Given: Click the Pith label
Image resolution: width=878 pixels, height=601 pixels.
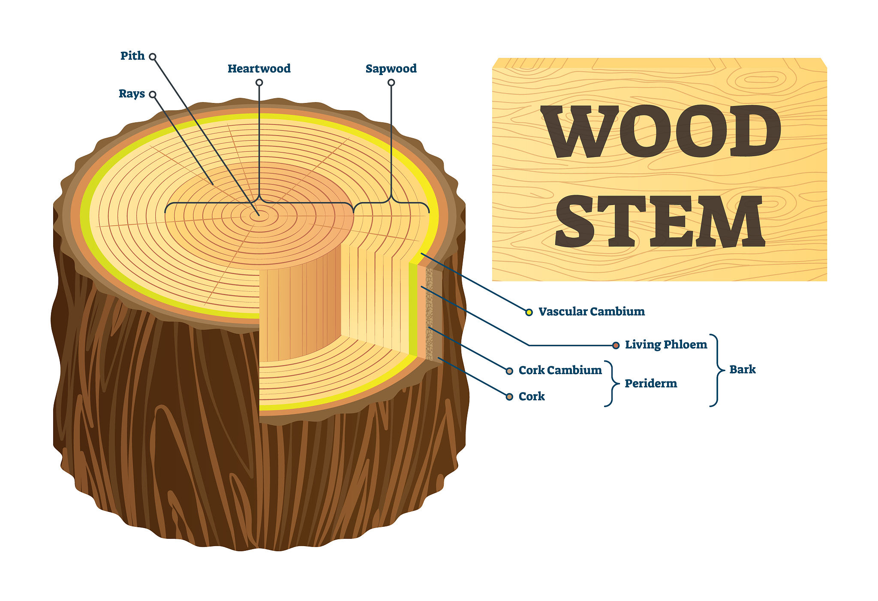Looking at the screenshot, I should pyautogui.click(x=132, y=56).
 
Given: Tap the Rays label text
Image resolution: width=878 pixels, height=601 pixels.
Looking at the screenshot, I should pyautogui.click(x=132, y=94).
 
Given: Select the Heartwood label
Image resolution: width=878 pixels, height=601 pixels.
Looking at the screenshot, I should pyautogui.click(x=259, y=69).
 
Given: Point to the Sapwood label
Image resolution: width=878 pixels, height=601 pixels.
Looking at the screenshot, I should pyautogui.click(x=391, y=69).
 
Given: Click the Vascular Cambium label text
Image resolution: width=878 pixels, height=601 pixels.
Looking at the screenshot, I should pyautogui.click(x=591, y=311).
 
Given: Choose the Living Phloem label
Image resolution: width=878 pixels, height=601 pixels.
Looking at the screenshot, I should pyautogui.click(x=666, y=344).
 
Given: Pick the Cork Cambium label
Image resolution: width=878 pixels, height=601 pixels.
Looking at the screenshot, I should pyautogui.click(x=560, y=370).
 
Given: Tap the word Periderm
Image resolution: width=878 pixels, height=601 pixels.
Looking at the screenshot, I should pyautogui.click(x=651, y=384).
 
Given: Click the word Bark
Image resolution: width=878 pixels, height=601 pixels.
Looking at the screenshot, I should pyautogui.click(x=743, y=369).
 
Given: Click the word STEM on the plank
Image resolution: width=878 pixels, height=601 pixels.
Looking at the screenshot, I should pyautogui.click(x=660, y=221).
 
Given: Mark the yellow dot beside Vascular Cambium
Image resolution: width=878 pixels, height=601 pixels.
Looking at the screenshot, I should pyautogui.click(x=529, y=312).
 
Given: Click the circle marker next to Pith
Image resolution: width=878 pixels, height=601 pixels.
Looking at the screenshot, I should pyautogui.click(x=153, y=57).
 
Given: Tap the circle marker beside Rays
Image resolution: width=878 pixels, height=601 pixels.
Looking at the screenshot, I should pyautogui.click(x=153, y=94).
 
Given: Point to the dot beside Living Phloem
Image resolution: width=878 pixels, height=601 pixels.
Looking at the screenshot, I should pyautogui.click(x=616, y=345).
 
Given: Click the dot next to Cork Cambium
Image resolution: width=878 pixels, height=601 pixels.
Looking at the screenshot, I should pyautogui.click(x=509, y=371).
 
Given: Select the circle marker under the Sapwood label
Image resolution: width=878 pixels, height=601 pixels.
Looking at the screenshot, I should pyautogui.click(x=391, y=82).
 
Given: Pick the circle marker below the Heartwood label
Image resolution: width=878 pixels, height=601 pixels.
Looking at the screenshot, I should pyautogui.click(x=259, y=82).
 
